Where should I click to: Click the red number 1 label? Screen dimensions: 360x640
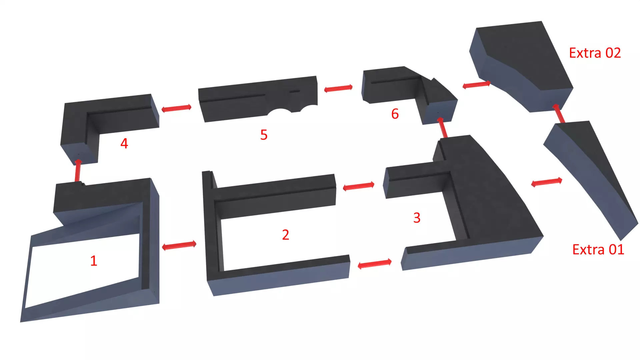tap(94, 261)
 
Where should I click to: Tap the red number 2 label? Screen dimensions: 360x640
tap(285, 235)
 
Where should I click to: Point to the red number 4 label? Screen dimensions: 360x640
tap(124, 144)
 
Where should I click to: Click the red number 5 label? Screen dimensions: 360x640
tap(264, 135)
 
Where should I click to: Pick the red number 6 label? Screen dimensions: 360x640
tap(395, 114)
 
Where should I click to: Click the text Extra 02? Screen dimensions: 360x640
tap(595, 53)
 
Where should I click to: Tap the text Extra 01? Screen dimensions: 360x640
tap(598, 250)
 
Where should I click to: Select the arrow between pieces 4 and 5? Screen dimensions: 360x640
tap(176, 108)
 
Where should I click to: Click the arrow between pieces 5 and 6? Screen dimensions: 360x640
tap(338, 88)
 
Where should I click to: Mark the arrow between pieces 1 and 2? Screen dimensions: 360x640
tap(179, 246)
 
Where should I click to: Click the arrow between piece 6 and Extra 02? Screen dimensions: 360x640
tap(477, 85)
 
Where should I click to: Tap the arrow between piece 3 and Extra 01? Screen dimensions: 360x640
tap(547, 182)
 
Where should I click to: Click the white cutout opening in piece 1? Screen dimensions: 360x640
tap(83, 270)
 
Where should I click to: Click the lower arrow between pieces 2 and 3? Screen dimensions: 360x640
tap(374, 264)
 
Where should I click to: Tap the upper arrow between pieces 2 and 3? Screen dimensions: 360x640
tap(359, 186)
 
